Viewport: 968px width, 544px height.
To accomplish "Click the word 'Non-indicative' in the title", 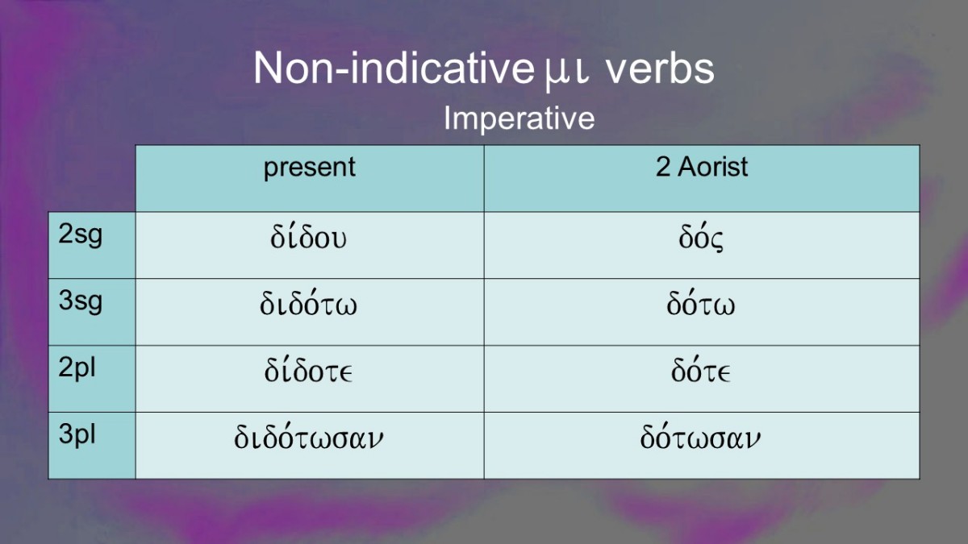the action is click(x=394, y=69).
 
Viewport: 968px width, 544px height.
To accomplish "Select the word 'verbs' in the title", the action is click(x=661, y=69).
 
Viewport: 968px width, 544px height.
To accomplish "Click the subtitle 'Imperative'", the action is click(x=519, y=118).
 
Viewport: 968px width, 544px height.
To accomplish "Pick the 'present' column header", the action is click(x=310, y=168).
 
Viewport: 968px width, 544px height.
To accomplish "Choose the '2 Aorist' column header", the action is click(x=702, y=167).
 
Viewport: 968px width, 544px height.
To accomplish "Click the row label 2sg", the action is click(x=81, y=235).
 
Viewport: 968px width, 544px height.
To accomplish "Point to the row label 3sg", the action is click(x=81, y=301).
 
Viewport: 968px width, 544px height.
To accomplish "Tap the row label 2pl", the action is click(x=77, y=368).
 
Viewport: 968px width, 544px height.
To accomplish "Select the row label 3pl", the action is click(x=77, y=434).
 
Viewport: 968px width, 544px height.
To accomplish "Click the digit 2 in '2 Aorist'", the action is click(x=663, y=167).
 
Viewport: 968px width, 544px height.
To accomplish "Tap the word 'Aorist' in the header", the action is click(x=712, y=167).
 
